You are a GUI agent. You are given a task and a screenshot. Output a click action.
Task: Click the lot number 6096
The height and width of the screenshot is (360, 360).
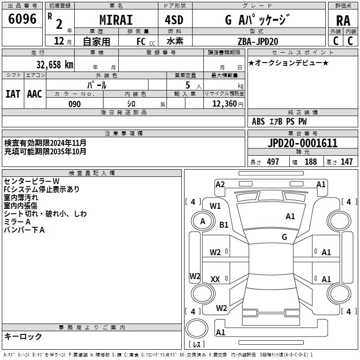22,19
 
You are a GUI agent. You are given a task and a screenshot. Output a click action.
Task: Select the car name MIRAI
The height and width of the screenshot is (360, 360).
116,20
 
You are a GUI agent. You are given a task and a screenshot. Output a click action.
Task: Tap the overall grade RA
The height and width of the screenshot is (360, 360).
343,20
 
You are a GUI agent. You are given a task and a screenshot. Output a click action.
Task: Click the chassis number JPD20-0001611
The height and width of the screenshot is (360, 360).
302,144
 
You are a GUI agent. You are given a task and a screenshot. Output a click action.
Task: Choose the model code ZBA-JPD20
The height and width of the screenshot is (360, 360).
258,41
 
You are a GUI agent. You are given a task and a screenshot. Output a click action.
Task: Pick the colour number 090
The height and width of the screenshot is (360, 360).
74,104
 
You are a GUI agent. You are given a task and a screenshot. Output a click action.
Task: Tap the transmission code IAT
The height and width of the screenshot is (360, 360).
13,94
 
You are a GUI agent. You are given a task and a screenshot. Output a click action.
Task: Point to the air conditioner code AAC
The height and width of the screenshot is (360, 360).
34,94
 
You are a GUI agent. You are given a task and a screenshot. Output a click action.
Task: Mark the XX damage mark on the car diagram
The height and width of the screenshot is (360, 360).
215,279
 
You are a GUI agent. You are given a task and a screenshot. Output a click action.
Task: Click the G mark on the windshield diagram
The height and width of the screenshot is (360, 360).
284,237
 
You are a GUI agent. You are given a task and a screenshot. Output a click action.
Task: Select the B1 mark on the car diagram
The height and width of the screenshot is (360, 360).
224,225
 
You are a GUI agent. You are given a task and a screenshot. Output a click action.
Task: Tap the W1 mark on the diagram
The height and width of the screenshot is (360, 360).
215,206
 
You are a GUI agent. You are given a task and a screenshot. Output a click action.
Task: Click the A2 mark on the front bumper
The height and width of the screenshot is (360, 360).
220,184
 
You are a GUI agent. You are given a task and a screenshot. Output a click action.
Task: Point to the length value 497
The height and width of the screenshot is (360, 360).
273,162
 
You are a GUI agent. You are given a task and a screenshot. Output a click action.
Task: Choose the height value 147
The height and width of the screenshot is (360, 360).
346,162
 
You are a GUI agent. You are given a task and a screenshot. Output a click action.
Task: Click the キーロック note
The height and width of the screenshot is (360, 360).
23,336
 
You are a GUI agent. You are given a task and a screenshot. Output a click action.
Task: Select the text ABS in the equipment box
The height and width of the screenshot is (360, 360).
258,121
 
